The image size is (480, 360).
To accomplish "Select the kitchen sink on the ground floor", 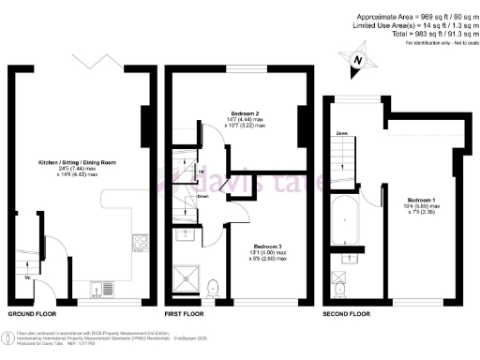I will [102, 287].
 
